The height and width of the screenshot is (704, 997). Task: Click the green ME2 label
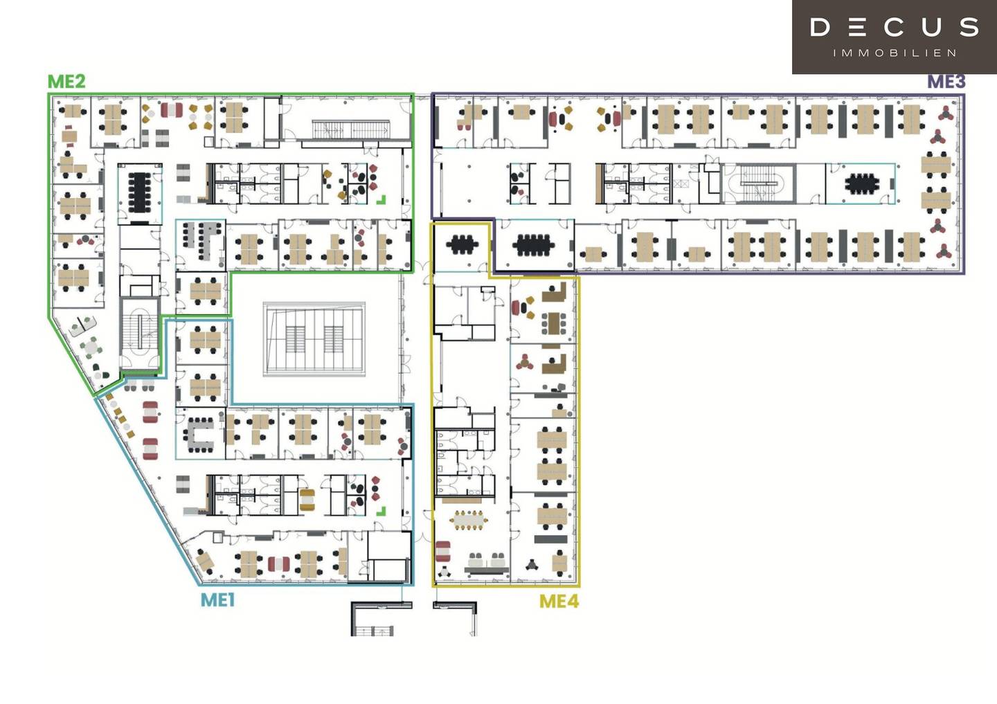pos(66,82)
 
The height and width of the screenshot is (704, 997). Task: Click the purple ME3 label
pos(946,82)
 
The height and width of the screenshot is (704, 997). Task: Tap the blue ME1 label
pos(217,600)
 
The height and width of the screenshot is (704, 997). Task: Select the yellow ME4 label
pos(559,601)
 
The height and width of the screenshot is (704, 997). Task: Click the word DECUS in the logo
pos(895,27)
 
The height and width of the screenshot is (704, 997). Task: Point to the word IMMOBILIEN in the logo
pos(895,53)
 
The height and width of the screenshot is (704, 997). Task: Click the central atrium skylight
pos(314,339)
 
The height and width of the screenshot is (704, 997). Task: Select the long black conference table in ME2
pos(139,192)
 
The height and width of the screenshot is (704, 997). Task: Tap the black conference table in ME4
pos(462,244)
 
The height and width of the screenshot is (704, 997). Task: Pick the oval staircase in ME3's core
pos(757,183)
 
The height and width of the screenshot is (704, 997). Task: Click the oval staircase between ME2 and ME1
pos(140,332)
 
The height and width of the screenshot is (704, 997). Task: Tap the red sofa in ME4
pos(442,551)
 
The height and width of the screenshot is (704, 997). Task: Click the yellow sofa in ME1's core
pos(307,500)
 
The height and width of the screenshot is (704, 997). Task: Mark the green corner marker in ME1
pos(381,511)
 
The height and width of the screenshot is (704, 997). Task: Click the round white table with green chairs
pos(91,346)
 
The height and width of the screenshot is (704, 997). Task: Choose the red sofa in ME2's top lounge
pos(172,109)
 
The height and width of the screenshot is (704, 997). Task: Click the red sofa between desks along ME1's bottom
pos(278,563)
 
